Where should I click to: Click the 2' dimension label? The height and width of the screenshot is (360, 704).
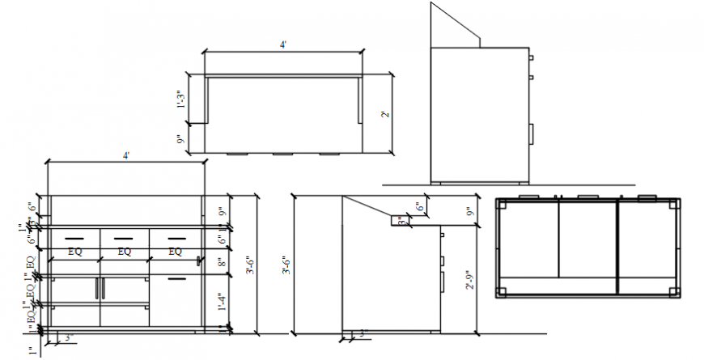tap(386, 114)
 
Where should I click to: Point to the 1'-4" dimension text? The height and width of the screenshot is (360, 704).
tap(223, 303)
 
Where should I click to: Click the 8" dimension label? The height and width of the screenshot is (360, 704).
tap(223, 262)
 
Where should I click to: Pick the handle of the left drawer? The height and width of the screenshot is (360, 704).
tap(74, 238)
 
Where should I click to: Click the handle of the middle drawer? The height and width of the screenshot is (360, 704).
tap(124, 238)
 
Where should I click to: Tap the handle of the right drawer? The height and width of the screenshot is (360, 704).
tap(173, 238)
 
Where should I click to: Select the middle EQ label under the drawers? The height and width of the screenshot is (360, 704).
tap(124, 252)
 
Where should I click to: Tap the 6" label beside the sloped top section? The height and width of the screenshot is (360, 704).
tap(419, 208)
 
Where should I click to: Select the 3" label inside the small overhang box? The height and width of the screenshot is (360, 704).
tap(401, 220)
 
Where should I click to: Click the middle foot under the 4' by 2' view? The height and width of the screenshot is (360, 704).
tap(282, 153)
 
